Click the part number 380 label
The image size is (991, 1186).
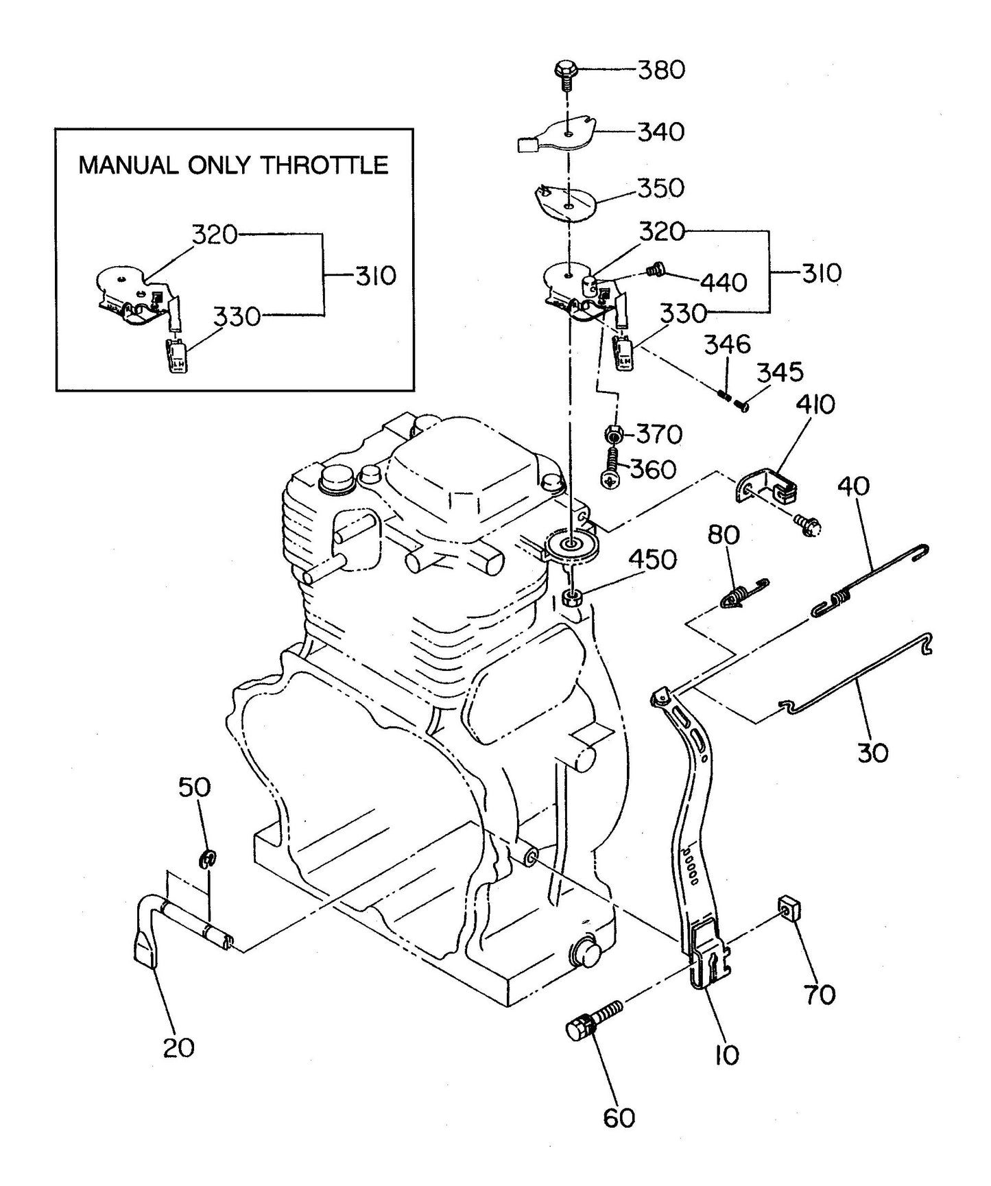pos(661,70)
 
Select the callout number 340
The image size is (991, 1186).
pos(661,132)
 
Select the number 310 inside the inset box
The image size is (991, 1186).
pos(375,276)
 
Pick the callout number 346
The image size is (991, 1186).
pos(728,344)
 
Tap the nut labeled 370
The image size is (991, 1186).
pos(614,434)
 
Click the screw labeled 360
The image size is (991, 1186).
pos(610,473)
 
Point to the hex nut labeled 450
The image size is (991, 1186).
pos(571,596)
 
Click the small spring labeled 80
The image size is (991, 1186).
pos(743,594)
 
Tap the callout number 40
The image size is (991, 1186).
pos(853,486)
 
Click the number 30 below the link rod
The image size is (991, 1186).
pos(872,752)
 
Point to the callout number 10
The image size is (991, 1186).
pos(726,1054)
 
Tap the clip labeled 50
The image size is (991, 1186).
pos(208,858)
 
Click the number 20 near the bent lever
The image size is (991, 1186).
pos(178,1047)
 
